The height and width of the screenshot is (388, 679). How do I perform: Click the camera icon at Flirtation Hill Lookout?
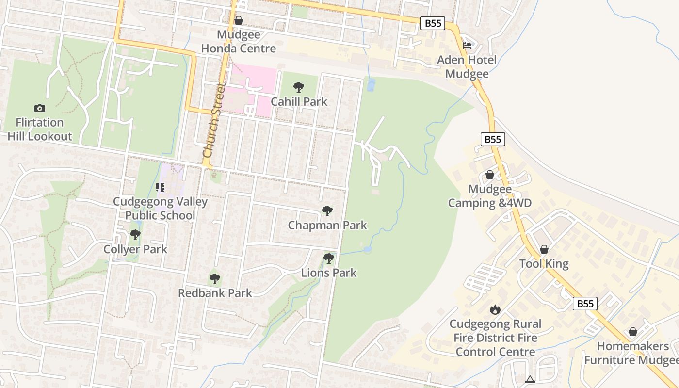click(40, 108)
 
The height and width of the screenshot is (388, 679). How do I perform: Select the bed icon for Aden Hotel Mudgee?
click(467, 46)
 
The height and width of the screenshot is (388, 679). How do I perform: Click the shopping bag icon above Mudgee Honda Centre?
click(238, 20)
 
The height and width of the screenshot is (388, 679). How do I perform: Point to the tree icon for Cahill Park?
click(299, 87)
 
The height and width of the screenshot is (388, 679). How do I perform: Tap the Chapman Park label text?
click(327, 226)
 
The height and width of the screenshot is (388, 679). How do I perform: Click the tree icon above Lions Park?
click(329, 258)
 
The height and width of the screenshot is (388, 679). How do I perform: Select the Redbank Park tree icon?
click(214, 279)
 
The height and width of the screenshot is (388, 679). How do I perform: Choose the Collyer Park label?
click(135, 249)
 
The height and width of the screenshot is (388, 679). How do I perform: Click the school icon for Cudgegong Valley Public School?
click(160, 187)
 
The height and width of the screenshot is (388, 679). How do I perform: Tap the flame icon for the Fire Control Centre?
click(495, 309)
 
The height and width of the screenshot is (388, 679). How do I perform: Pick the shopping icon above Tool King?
click(544, 249)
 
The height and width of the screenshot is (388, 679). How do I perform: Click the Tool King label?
click(544, 264)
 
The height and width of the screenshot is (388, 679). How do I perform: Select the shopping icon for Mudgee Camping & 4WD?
click(490, 175)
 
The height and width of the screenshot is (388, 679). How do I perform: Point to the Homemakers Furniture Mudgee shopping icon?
click(632, 332)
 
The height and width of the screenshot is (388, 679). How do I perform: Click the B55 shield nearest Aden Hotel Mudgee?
click(432, 23)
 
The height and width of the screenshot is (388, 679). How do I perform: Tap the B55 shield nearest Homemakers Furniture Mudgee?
click(585, 304)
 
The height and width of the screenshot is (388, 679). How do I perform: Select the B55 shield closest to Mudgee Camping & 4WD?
click(493, 139)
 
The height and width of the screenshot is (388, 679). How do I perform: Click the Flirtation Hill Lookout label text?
click(40, 129)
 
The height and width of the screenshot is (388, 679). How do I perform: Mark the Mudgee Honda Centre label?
click(238, 42)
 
